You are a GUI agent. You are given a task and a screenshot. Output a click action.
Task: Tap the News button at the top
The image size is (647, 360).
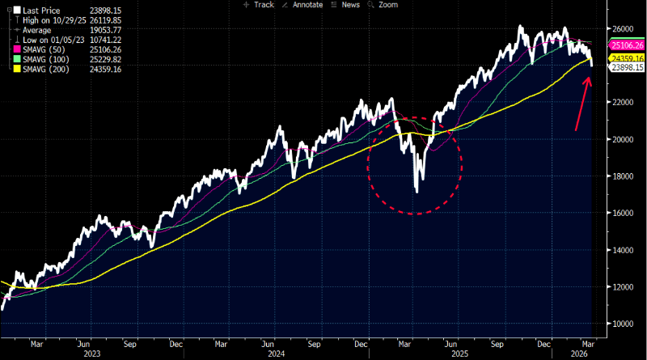pos(348,5)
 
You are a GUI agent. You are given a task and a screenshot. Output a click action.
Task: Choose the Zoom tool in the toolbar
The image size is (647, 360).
pos(383,5)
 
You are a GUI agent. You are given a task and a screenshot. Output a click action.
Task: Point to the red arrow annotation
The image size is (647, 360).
pos(581,102)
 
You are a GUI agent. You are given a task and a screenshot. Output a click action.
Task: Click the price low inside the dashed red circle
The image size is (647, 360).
pos(417,191)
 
